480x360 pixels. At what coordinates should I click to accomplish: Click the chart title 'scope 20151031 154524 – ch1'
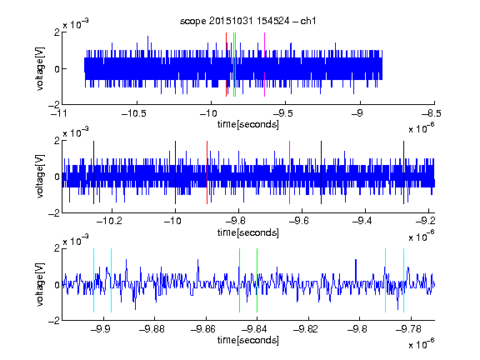coord(247,21)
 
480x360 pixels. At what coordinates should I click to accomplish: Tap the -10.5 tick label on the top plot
coord(134,113)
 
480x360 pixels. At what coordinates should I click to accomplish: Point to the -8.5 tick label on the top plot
coord(431,113)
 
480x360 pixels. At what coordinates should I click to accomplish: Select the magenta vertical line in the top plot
coord(264,65)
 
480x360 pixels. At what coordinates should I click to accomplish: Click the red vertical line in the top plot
coord(226,65)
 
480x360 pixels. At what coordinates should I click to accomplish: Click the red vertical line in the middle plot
coord(207,172)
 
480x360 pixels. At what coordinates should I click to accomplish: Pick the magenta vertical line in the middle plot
coord(290,172)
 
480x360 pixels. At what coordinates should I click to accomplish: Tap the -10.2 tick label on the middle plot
coord(109,220)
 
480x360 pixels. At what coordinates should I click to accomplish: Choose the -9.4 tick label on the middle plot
coord(362,220)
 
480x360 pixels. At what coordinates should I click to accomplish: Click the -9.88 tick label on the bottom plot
coord(152,329)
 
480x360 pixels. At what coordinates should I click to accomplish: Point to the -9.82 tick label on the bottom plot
coord(306,329)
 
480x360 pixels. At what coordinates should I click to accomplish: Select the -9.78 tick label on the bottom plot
coord(408,329)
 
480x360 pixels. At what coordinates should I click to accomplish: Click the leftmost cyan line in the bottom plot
coord(93,280)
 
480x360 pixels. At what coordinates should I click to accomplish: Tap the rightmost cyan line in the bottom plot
coord(404,280)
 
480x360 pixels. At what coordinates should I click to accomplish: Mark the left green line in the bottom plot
coord(239,280)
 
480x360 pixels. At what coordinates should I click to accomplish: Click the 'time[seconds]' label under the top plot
coord(248,124)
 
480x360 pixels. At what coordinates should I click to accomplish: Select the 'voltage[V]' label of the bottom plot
coord(40,284)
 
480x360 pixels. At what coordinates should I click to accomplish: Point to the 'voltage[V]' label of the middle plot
coord(40,177)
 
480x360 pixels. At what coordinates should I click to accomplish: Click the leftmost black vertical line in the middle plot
coord(93,172)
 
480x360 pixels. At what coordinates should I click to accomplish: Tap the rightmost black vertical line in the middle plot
coord(403,172)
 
